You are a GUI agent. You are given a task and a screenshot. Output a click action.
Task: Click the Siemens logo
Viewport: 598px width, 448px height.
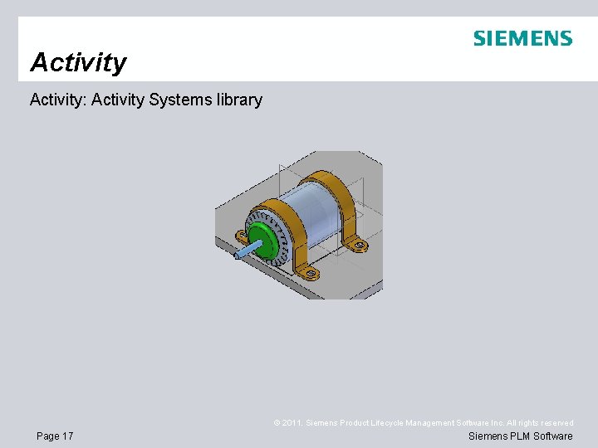coord(522,39)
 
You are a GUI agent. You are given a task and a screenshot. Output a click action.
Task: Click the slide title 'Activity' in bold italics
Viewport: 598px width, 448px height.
coord(78,62)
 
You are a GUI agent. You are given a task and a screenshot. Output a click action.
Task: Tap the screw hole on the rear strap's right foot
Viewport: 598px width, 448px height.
coord(360,244)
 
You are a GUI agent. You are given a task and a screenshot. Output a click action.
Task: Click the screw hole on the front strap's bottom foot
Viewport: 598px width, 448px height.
coord(311,272)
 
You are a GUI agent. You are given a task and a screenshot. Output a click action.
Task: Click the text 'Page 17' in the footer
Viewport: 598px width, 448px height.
coord(55,436)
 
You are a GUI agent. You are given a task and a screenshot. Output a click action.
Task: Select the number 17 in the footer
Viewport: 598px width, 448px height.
coord(67,436)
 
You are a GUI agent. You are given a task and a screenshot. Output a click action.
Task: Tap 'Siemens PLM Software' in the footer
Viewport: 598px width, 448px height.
coord(521,436)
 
